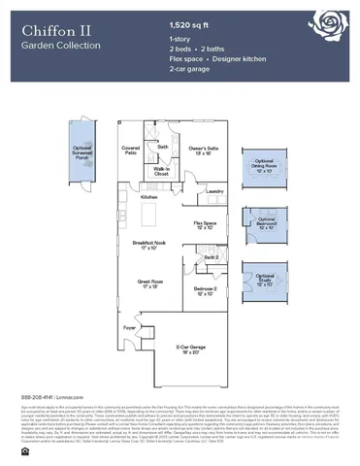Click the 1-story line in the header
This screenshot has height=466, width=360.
180,37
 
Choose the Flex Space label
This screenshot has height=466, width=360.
205,224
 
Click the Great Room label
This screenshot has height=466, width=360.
147,284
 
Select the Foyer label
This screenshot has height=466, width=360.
129,328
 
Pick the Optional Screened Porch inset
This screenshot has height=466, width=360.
84,154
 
